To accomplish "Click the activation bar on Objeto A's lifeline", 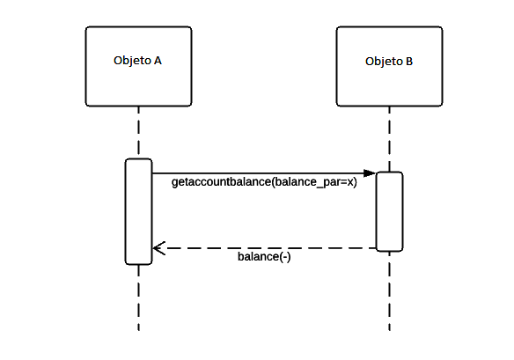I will [138, 211].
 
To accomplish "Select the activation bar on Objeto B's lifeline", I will [389, 211].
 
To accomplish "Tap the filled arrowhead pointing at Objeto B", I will [370, 173].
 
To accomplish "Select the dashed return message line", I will [264, 248].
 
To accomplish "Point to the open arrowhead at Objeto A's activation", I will [158, 248].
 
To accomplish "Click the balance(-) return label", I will [264, 258].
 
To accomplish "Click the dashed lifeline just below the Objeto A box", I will [138, 132].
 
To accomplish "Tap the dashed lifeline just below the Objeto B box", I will [389, 136].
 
